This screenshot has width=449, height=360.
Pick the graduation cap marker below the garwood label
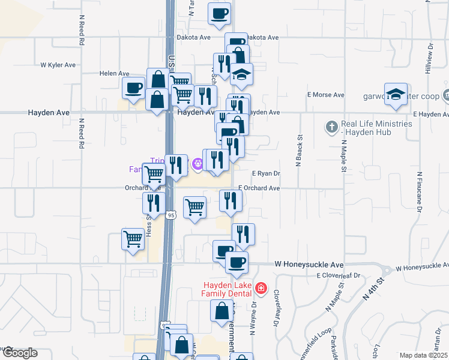[396, 94]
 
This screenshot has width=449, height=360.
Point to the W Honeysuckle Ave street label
[309, 264]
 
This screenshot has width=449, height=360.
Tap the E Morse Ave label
[325, 95]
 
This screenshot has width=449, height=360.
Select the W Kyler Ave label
[58, 65]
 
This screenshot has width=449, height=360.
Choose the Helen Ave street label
[115, 73]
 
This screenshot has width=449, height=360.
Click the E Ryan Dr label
[267, 173]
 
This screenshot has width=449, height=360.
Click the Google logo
[19, 353]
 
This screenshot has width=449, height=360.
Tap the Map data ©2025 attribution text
[423, 355]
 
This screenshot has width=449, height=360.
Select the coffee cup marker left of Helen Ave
[133, 88]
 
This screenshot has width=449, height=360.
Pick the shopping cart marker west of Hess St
[133, 238]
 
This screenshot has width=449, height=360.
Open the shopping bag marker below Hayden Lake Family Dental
[221, 311]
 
